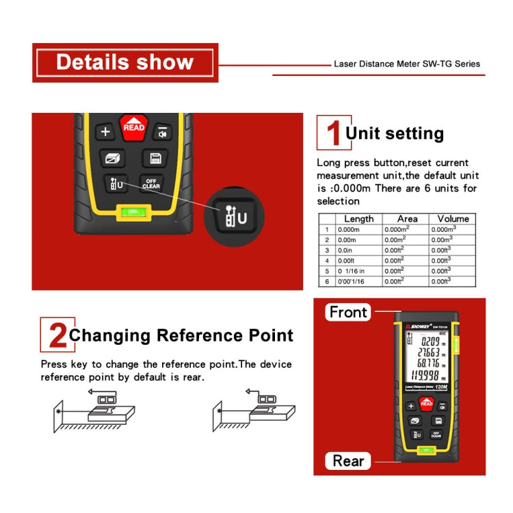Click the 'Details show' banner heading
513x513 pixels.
(x=125, y=62)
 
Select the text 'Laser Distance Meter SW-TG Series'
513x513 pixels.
(x=406, y=64)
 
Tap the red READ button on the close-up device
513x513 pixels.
(x=133, y=127)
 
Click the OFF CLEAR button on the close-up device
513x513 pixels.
(x=151, y=183)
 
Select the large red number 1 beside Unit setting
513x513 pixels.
(x=332, y=133)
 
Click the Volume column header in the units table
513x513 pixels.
(x=453, y=219)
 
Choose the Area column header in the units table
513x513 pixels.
(x=406, y=219)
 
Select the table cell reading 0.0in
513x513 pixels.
(x=348, y=250)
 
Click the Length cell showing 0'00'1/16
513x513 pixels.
(x=351, y=281)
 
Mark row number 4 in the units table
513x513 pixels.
(x=327, y=261)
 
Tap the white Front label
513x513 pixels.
(x=348, y=313)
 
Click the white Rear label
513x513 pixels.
(x=348, y=461)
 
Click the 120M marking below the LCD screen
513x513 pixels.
(x=440, y=388)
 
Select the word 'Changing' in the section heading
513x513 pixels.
(x=109, y=335)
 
